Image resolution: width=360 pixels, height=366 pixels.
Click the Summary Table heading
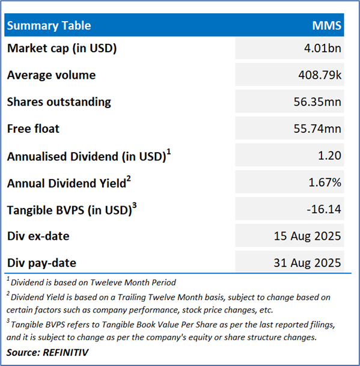point(49,25)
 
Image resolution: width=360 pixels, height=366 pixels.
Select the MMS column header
point(326,25)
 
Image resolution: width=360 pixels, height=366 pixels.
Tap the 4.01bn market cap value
point(322,48)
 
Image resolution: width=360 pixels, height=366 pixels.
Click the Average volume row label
point(51,75)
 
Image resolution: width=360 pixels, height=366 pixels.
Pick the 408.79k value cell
point(320,75)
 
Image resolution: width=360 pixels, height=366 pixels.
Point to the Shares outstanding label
point(59,102)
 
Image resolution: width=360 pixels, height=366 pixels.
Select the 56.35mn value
point(317,102)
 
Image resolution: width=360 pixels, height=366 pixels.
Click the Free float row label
point(33,129)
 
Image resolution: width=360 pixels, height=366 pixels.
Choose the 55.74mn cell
point(317,129)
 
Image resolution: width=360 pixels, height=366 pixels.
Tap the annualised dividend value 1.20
point(329,156)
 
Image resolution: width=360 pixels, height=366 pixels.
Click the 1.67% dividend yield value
point(325,182)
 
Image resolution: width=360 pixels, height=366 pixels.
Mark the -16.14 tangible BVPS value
point(324,209)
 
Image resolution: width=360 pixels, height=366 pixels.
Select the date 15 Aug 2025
point(307,236)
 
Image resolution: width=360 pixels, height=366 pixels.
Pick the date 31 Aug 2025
point(307,263)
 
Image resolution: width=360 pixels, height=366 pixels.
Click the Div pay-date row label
point(41,263)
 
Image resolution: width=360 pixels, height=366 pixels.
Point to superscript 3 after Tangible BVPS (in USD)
point(134,206)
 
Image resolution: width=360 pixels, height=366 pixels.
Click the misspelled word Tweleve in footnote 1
point(106,282)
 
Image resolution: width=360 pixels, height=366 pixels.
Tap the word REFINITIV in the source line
point(66,352)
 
